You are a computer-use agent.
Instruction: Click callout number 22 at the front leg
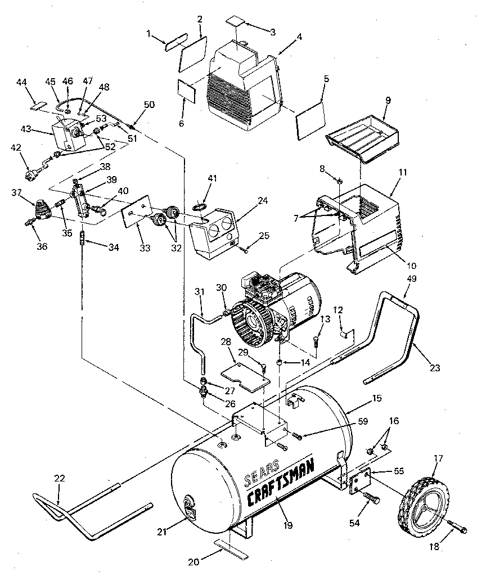(59, 478)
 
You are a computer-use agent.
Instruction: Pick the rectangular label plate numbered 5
(310, 118)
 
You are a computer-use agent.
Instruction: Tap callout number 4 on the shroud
(299, 37)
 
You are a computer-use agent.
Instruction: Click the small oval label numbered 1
(174, 42)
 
